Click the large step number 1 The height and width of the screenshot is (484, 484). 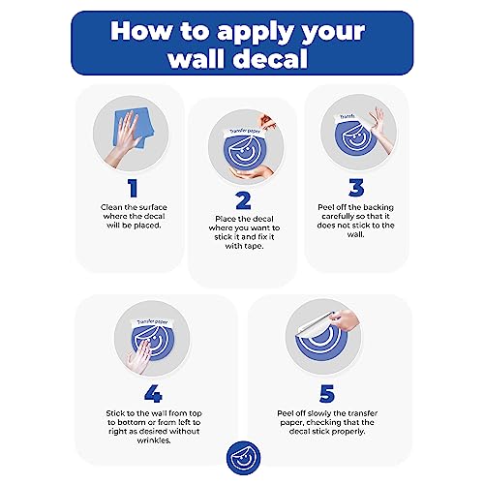133,188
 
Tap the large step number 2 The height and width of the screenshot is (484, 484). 243,200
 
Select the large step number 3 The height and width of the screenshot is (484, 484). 356,188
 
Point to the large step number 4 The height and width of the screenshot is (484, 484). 153,394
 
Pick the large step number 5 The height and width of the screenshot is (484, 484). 327,394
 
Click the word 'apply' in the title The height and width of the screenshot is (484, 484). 254,33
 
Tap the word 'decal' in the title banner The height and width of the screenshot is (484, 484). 270,58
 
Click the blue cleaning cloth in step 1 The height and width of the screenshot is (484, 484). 134,129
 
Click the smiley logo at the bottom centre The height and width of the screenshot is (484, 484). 243,458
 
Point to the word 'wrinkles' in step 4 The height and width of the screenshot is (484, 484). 154,440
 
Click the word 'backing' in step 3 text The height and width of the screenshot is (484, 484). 378,207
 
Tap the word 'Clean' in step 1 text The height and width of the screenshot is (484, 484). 111,207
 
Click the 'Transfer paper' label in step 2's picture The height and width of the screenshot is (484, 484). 245,132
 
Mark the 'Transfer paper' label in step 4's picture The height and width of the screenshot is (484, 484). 152,322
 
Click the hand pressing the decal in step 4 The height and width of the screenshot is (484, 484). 139,355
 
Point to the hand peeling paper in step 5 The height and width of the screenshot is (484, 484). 345,319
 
